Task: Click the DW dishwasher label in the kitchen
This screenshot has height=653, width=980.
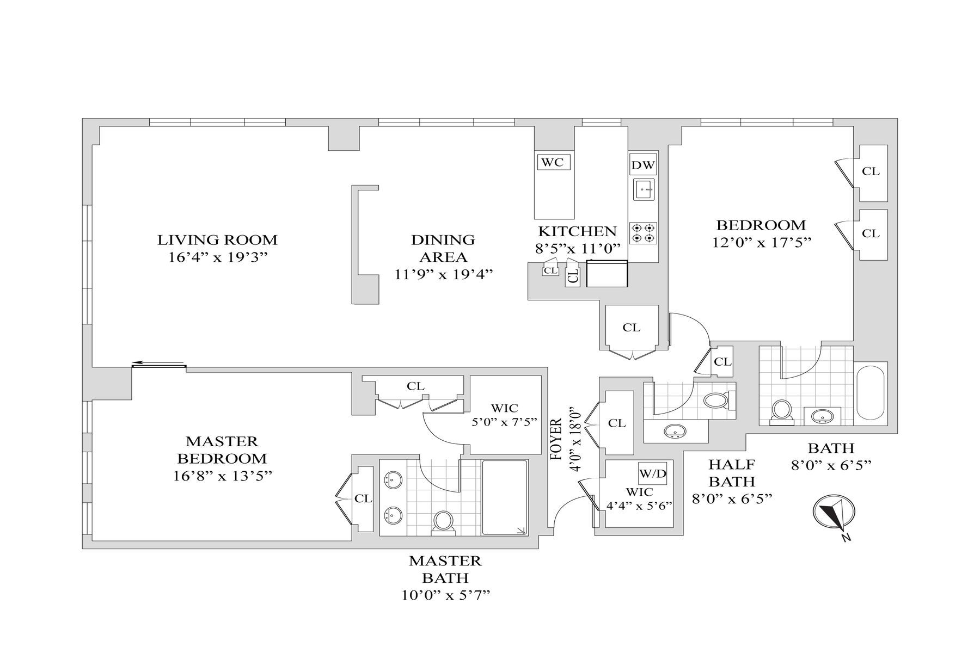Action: point(643,165)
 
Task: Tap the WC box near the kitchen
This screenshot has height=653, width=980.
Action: point(552,162)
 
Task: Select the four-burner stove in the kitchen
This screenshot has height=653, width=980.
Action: point(643,232)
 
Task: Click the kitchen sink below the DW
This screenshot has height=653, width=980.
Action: point(645,189)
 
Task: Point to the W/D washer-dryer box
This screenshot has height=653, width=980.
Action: point(653,474)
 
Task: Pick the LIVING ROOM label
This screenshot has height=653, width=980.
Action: point(217,239)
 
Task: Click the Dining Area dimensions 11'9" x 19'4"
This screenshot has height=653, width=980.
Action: point(443,275)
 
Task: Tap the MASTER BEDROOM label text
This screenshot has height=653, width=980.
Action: point(222,449)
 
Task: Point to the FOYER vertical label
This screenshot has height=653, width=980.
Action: point(556,440)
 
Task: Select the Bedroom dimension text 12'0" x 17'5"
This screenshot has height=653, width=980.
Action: point(762,242)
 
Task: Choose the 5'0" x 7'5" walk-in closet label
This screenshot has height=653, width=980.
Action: point(505,421)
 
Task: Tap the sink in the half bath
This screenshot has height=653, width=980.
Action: point(675,432)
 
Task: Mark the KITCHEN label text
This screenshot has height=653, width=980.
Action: point(577,231)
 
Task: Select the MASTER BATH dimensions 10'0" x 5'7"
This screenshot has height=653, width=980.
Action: point(445,595)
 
